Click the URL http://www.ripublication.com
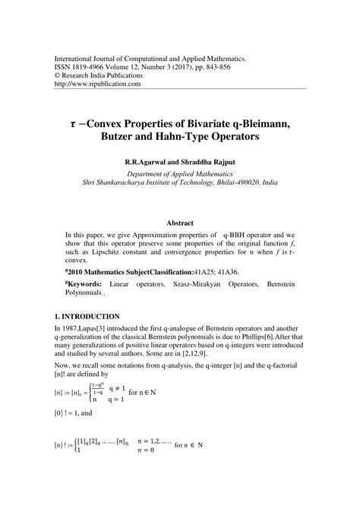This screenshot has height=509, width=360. tap(94, 84)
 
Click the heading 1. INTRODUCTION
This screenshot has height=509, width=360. tap(85, 315)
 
